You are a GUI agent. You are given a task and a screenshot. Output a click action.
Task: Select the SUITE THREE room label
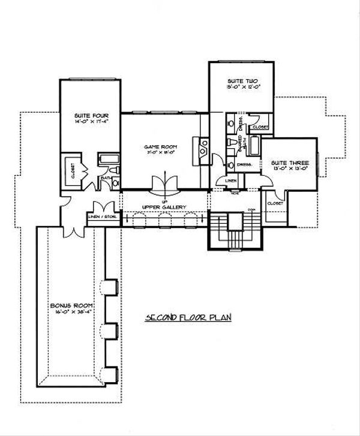[x=286, y=163]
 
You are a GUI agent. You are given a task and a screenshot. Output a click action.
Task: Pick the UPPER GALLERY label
[x=164, y=207]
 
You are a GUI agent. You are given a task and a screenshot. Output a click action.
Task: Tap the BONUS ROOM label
[x=66, y=306]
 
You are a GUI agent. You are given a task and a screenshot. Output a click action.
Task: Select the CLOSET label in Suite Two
[x=260, y=127]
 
